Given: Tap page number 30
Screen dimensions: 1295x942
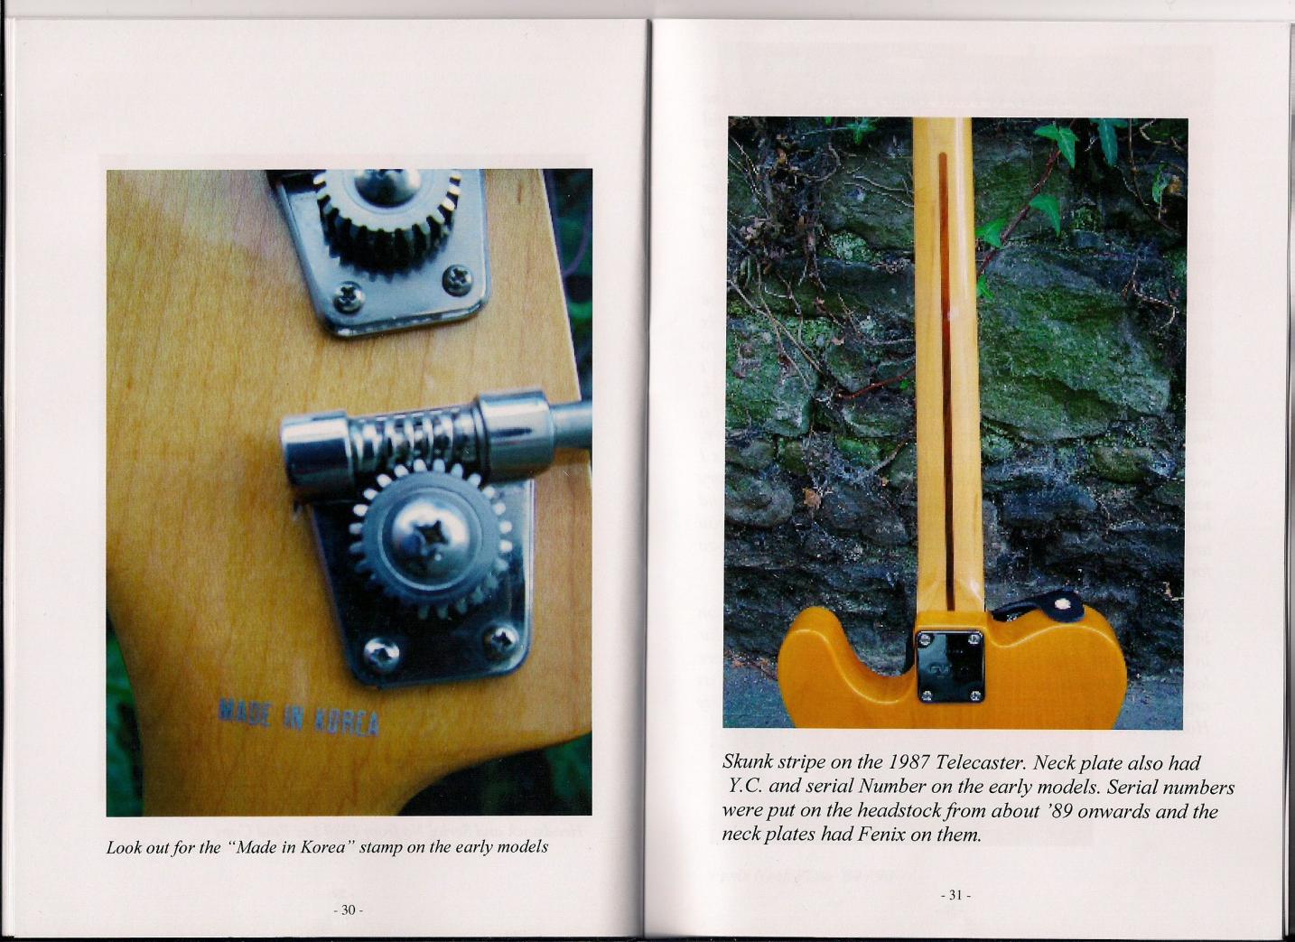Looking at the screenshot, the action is click(348, 909).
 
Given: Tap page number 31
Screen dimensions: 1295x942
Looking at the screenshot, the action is click(955, 895).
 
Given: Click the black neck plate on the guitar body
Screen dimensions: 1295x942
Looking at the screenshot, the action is click(950, 667).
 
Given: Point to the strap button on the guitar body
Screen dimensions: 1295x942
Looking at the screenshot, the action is click(1061, 604).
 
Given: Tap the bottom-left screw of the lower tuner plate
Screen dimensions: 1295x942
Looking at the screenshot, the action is click(381, 655).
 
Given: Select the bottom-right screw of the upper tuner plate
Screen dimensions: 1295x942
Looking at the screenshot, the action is click(458, 279).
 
